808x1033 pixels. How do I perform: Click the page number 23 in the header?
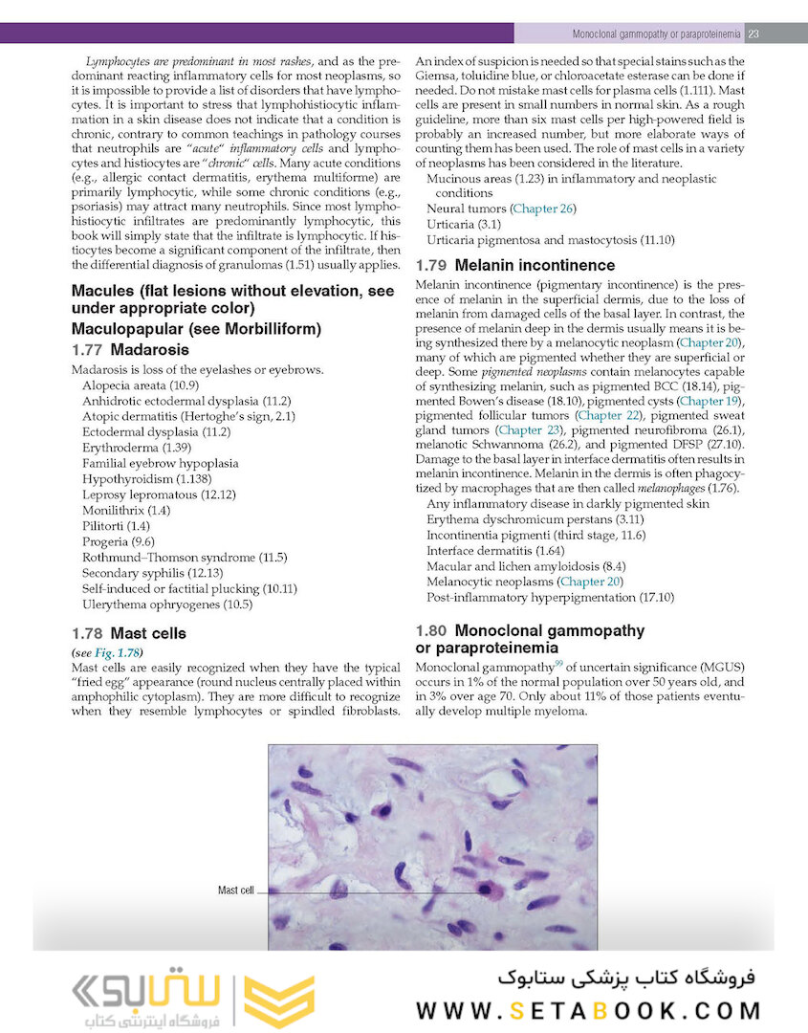753,34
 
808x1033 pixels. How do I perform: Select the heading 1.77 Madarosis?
131,349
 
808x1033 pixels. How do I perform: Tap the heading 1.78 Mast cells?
129,633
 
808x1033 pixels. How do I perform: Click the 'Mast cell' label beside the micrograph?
236,890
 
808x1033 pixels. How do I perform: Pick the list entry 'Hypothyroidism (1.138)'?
145,478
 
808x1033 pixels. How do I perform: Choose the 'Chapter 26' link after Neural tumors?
543,209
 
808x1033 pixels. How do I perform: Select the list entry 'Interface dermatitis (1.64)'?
495,550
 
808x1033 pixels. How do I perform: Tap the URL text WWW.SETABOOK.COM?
588,1010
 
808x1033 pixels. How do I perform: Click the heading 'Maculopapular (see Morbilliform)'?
196,328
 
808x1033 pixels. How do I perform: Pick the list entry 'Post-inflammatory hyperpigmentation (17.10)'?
550,597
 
